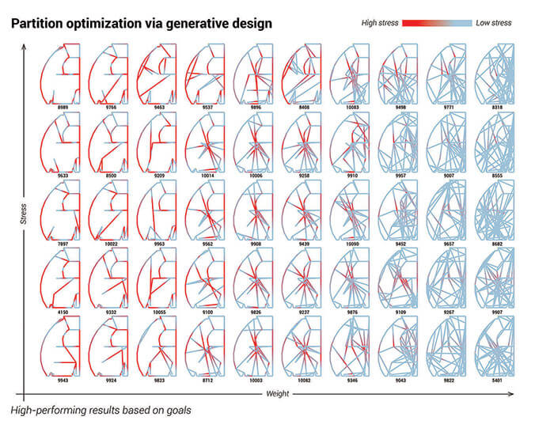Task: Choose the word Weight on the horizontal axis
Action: pos(277,393)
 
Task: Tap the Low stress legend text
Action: pos(493,24)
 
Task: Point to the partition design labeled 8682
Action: pos(496,212)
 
